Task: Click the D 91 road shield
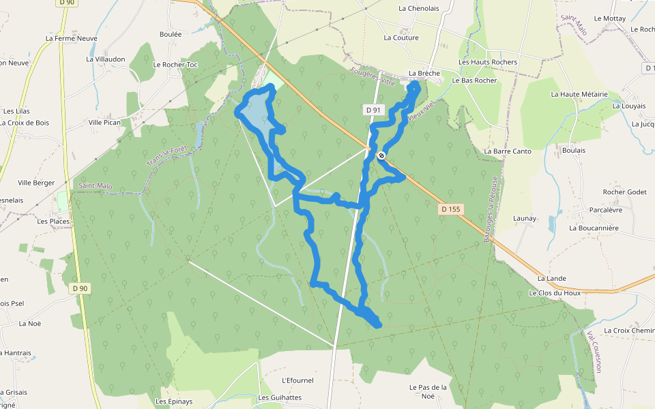pos(373,110)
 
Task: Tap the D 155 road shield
pos(450,209)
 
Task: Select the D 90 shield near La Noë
pos(81,288)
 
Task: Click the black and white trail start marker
pos(381,155)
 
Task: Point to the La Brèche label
pos(424,73)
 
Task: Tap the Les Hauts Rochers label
pos(488,62)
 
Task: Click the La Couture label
pos(401,38)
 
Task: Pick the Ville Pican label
pos(104,123)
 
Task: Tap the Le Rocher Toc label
pos(175,65)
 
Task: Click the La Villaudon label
pos(106,59)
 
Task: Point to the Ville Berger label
pos(36,183)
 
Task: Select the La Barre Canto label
pos(508,151)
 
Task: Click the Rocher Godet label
pos(624,192)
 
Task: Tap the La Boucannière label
pos(594,228)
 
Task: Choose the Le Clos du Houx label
pos(555,293)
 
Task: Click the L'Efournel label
pos(297,380)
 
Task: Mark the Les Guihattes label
pos(280,397)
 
